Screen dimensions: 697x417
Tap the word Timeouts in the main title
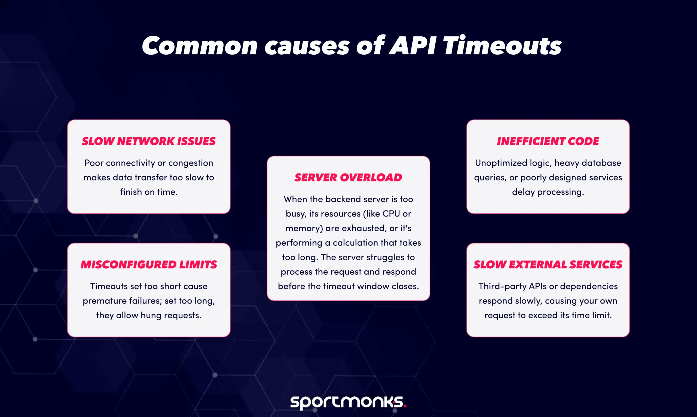(502, 45)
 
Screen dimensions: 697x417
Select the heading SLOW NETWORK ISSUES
(149, 141)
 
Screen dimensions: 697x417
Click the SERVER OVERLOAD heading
(348, 177)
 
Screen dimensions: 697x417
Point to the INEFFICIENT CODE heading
(548, 141)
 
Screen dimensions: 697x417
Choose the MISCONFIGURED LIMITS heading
(149, 264)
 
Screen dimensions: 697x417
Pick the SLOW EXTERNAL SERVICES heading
(548, 264)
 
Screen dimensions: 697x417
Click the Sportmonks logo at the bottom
(348, 402)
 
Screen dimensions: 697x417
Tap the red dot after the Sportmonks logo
(405, 406)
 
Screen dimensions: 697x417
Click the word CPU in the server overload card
(391, 214)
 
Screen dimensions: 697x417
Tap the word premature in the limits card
(105, 301)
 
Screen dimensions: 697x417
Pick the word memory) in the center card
(304, 228)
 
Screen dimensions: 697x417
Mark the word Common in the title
(200, 46)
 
